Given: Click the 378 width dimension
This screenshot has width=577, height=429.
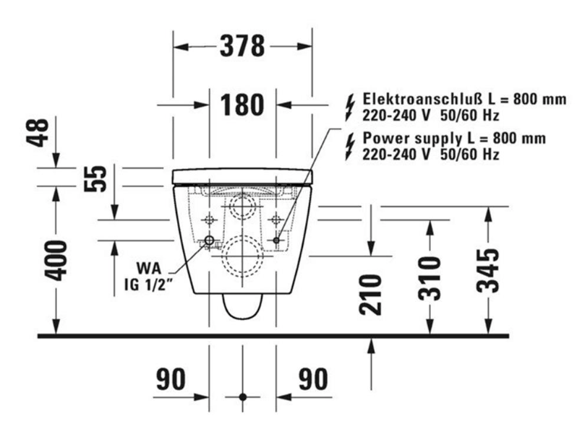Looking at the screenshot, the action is click(x=242, y=46).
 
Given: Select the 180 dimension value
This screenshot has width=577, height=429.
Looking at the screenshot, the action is click(x=242, y=105).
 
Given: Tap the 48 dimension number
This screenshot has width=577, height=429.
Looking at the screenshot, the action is click(x=38, y=133).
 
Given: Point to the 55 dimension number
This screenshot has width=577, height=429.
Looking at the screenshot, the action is click(x=95, y=178).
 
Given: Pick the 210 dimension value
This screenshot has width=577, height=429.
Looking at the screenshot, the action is click(x=370, y=295).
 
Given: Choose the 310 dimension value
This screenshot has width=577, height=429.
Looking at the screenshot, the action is click(x=429, y=278).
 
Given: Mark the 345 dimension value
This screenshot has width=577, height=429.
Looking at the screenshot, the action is click(x=488, y=271).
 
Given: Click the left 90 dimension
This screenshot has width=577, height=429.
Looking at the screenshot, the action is click(x=171, y=379).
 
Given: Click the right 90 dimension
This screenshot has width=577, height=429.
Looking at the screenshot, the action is click(x=313, y=379).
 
